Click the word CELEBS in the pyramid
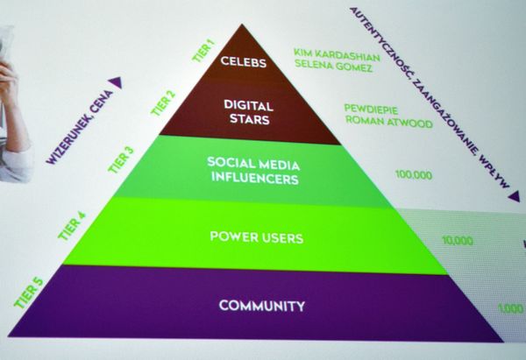244,61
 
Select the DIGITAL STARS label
249,112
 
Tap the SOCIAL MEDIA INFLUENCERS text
253,171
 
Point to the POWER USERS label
257,237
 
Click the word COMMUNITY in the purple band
262,306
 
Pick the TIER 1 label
203,51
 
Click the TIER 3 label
121,160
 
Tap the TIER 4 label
72,226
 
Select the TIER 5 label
29,293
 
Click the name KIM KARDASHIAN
337,55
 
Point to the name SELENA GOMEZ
333,66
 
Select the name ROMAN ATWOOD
389,122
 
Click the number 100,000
414,174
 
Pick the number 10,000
458,240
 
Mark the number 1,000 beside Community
510,308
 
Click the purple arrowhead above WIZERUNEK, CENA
116,81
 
